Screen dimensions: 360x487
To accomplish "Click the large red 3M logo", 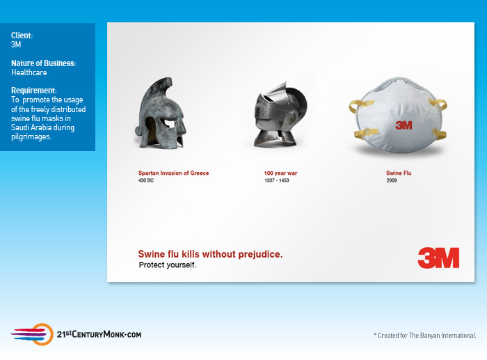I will (438, 258).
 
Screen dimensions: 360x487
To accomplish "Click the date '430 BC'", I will (145, 180).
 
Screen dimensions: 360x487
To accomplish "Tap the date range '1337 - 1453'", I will (277, 180).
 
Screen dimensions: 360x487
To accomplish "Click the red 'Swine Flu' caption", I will (399, 173).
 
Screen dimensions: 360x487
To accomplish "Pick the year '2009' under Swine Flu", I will (392, 180).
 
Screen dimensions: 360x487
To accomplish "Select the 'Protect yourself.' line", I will (168, 265).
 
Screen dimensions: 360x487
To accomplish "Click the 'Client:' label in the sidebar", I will (22, 35).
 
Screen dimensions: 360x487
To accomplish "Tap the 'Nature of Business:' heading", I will (43, 63).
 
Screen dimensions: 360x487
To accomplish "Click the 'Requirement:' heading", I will (34, 91).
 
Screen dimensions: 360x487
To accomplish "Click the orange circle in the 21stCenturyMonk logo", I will (42, 334).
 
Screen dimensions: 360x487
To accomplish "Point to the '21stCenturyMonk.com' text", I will (98, 334).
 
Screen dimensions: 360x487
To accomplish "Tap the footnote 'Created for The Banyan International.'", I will (426, 336).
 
